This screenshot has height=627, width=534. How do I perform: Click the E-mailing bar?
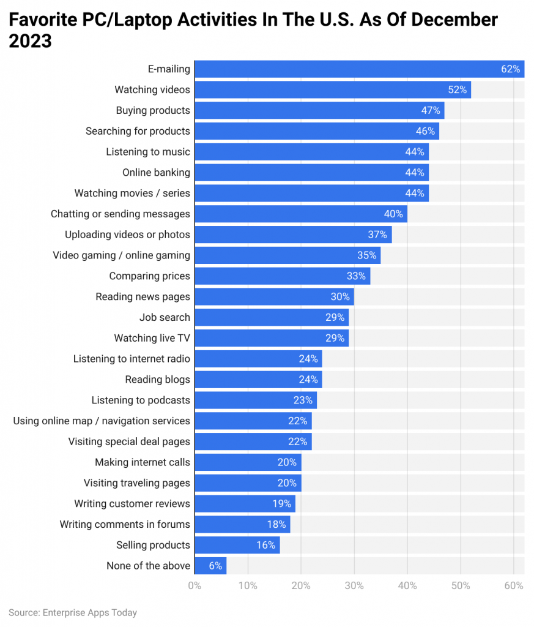point(359,69)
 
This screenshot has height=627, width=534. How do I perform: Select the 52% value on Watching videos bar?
point(458,90)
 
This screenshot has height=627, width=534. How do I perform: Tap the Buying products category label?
point(153,110)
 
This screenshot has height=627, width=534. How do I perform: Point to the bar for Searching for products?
point(316,131)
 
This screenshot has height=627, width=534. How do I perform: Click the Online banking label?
point(156,173)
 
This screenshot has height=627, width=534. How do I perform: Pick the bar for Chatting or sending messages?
point(300,214)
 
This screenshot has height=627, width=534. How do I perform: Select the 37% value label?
point(378,235)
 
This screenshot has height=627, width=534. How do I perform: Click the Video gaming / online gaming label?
point(121,255)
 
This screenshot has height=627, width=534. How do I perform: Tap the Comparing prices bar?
point(282,276)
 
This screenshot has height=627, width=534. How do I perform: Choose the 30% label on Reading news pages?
point(341,297)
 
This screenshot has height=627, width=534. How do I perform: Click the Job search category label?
point(165,317)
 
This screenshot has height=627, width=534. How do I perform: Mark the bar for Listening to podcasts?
point(255,400)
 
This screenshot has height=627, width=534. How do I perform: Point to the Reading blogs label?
point(157,380)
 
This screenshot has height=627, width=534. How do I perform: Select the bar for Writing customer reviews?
point(245,504)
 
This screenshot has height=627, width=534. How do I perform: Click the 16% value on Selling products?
point(265,545)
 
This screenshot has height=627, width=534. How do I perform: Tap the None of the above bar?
point(210,566)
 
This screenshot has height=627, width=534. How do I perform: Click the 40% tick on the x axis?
point(407,586)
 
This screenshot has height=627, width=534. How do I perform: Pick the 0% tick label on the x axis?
point(195,586)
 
